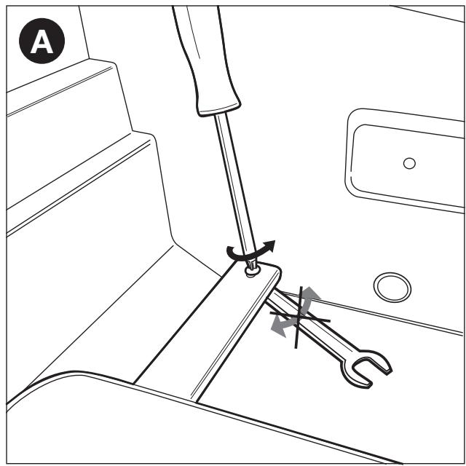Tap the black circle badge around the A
pos(42,41)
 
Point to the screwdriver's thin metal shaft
pos(234,184)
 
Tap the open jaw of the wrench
pos(368,368)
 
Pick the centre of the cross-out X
pos(298,317)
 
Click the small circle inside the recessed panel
pos(409,163)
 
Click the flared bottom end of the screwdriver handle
pos(219,110)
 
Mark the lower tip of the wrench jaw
pos(369,386)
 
